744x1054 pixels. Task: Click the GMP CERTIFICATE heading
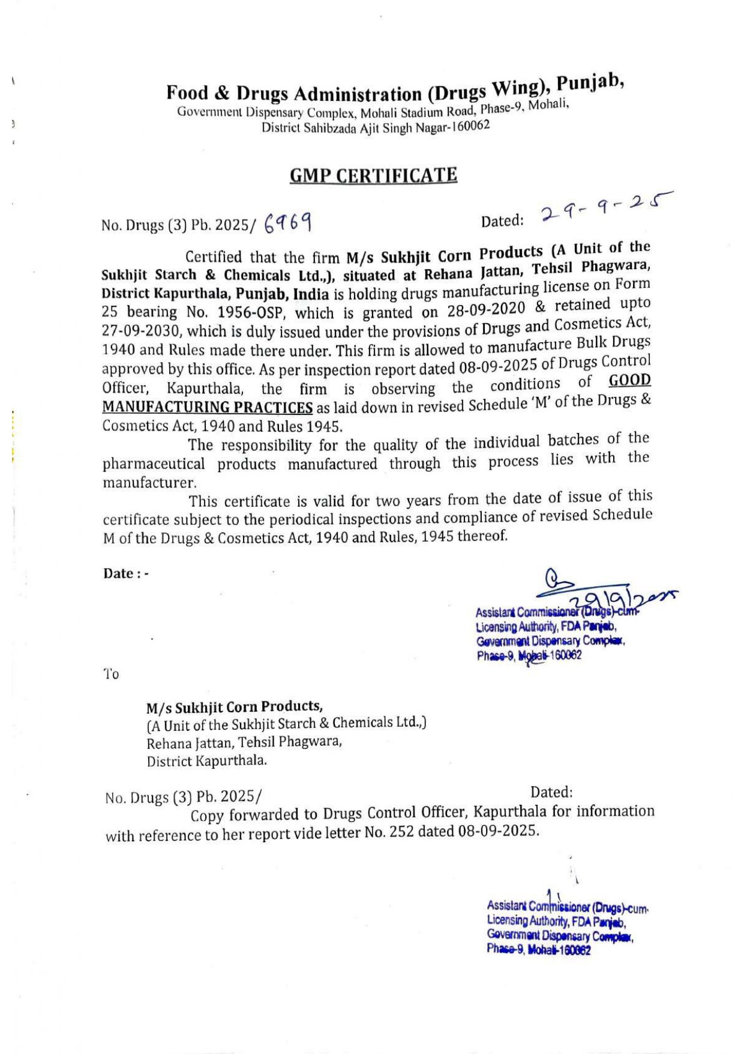[x=373, y=175]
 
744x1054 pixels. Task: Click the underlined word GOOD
[x=629, y=380]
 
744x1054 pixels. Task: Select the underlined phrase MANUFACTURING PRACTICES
[x=207, y=407]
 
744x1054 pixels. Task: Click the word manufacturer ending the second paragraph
[x=149, y=482]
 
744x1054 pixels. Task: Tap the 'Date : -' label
[x=126, y=573]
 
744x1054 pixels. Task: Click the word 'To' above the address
[x=112, y=674]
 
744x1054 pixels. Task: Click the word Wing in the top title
[x=517, y=88]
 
